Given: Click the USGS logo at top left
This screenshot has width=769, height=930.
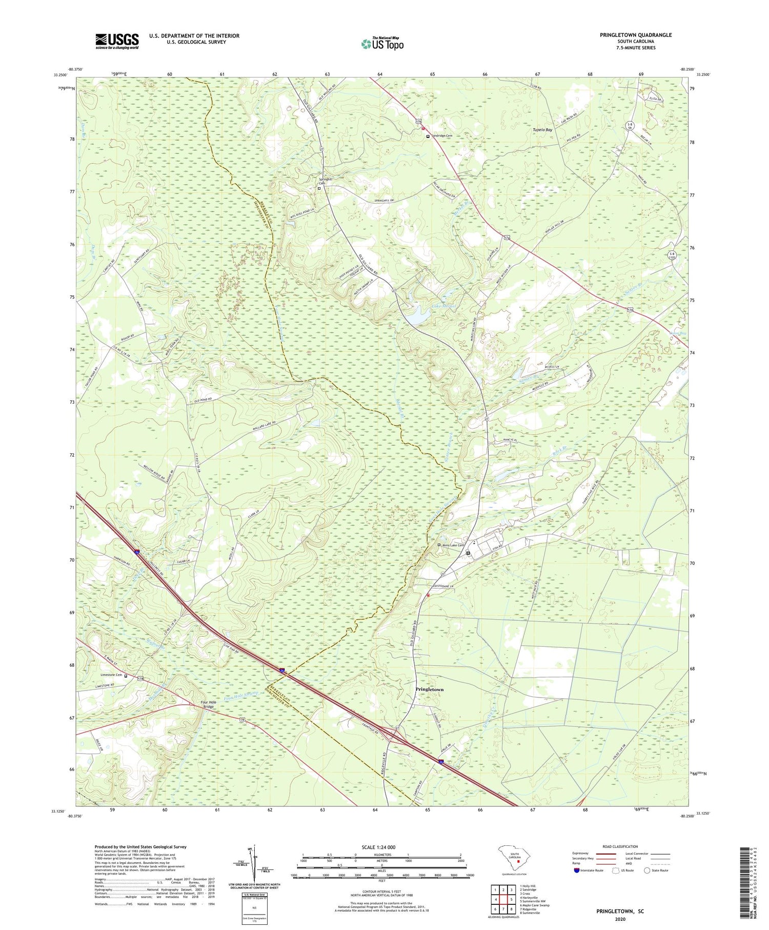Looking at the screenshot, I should [117, 41].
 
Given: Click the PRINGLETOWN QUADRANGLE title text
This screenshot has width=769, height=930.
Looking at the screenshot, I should [635, 35].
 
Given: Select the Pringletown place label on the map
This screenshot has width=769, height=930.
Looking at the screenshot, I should [429, 690].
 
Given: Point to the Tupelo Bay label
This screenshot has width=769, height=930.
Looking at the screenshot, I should [541, 130].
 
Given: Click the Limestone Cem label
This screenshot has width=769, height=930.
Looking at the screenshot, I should [111, 675].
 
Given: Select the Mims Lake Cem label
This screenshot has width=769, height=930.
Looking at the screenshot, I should [453, 545].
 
